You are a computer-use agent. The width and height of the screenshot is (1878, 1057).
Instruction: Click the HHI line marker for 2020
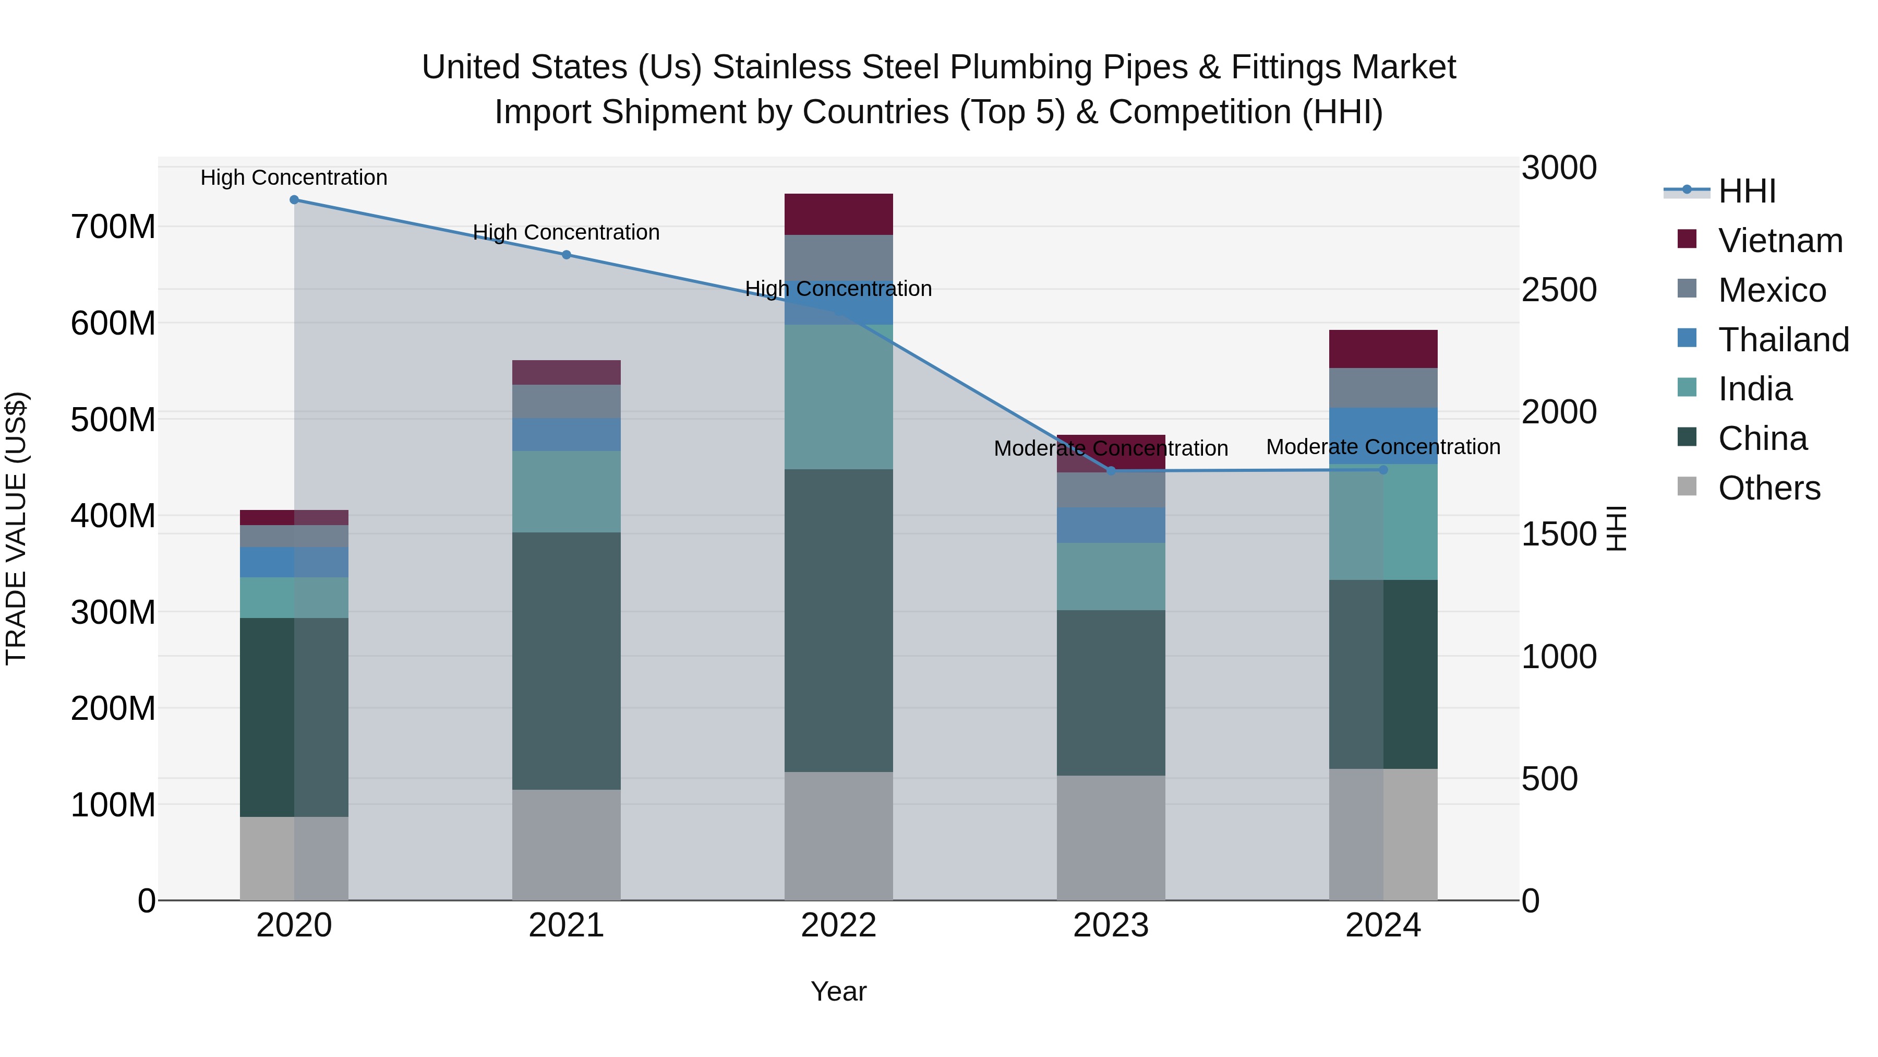(294, 200)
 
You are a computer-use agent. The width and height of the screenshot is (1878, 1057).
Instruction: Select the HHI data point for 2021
(567, 255)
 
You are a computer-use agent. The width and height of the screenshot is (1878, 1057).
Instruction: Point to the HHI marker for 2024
(1383, 470)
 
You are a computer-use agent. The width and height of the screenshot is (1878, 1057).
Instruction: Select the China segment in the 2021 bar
(567, 660)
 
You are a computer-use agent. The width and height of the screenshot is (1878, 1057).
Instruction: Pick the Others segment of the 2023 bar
(1111, 837)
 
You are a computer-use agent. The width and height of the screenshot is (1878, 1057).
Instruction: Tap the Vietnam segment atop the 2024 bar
(1383, 349)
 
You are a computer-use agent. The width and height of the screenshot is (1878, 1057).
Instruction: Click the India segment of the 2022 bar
(838, 396)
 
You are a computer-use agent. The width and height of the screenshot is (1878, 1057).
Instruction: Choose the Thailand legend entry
(1783, 339)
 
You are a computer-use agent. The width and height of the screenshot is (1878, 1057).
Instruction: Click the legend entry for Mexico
(1772, 290)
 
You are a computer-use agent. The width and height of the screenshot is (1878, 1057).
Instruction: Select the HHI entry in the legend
(1746, 191)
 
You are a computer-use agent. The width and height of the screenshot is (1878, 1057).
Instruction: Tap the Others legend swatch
(1687, 486)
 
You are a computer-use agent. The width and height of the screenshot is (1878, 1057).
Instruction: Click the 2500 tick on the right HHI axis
(1559, 290)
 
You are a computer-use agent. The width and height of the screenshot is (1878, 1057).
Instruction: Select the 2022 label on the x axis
(838, 925)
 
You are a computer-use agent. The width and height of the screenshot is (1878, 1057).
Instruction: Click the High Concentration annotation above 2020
(294, 177)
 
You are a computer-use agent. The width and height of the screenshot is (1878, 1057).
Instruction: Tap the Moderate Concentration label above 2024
(1383, 446)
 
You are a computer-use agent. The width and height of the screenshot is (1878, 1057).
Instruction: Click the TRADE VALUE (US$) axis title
(16, 528)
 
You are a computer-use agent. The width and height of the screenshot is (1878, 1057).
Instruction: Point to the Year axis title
(838, 991)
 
